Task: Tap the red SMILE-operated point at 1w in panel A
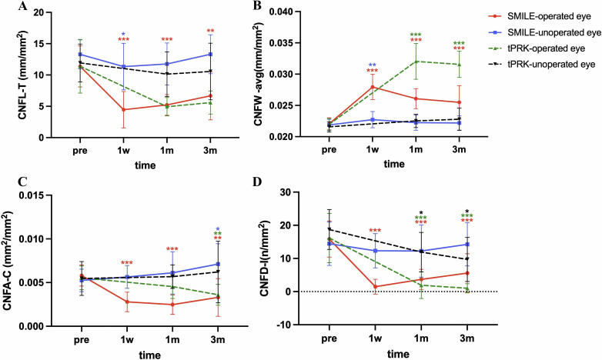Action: click(x=123, y=109)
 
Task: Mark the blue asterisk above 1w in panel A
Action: click(x=123, y=33)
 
